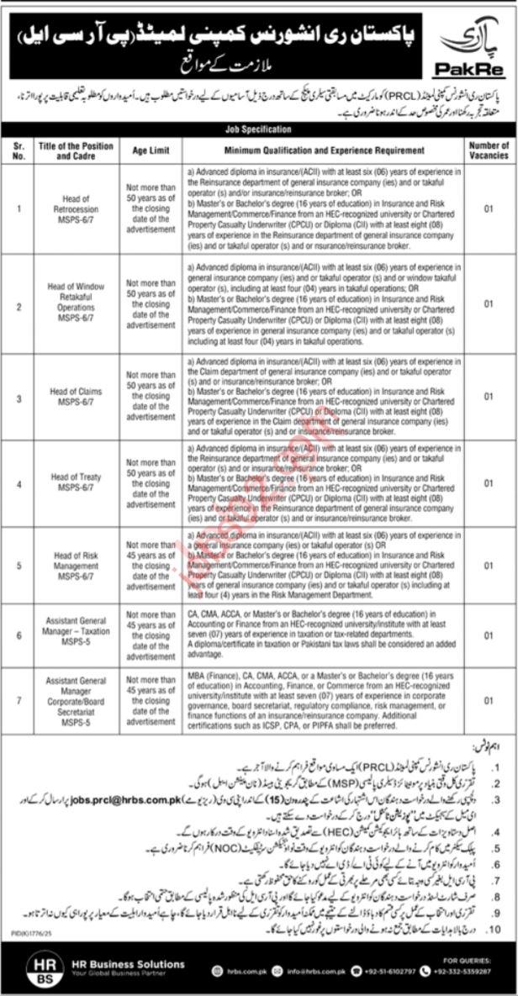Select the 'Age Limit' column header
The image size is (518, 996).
click(x=151, y=151)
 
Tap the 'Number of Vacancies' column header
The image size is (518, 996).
click(x=489, y=151)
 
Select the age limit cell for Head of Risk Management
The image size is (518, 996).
click(x=151, y=565)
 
